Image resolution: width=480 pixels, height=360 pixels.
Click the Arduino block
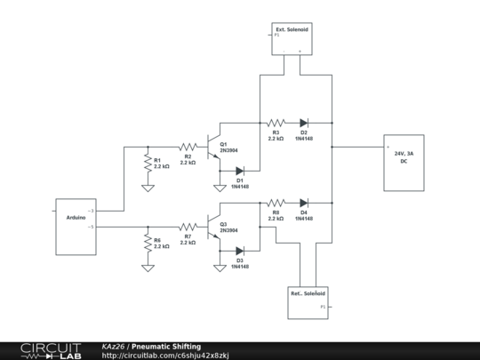coord(76,218)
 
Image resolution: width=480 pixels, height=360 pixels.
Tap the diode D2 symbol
coord(304,123)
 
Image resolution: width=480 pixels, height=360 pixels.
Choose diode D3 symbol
coord(240,251)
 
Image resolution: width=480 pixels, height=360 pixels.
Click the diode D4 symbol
coord(304,203)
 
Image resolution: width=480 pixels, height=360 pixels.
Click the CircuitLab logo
coord(50,350)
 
